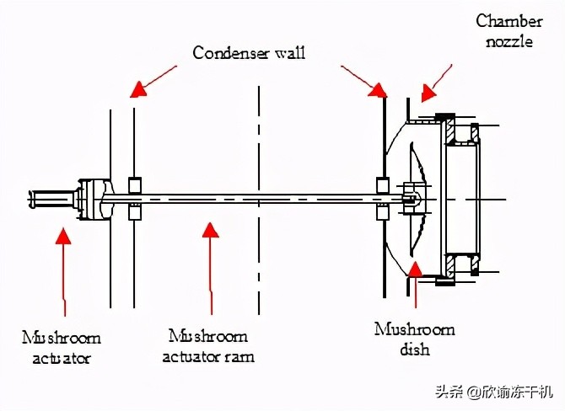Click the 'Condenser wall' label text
(x=249, y=53)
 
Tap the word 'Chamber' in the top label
(x=509, y=21)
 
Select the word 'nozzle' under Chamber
(x=509, y=41)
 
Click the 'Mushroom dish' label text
(x=414, y=339)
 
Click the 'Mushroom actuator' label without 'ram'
(x=62, y=348)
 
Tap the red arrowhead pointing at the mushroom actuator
(x=63, y=235)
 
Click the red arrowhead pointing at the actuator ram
(x=211, y=229)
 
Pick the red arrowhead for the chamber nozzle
(x=428, y=93)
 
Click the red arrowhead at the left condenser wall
(x=137, y=89)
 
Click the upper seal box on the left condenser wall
(x=135, y=185)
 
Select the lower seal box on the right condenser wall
(x=382, y=212)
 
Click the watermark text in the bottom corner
(x=494, y=392)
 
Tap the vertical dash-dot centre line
(x=259, y=200)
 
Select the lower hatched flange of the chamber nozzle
(x=449, y=266)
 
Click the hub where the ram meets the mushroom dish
(x=411, y=199)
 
